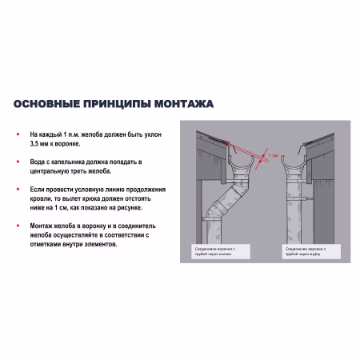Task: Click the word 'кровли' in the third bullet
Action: point(39,198)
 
